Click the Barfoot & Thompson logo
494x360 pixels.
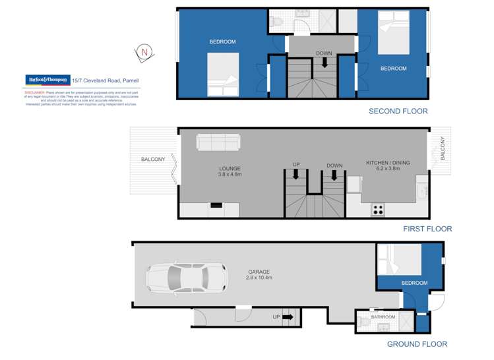point(47,80)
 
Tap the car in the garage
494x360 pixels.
point(187,277)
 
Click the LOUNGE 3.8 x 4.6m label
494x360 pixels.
point(230,171)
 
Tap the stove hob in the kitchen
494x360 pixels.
point(379,210)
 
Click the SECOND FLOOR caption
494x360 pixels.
point(398,111)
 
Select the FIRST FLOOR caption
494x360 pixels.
point(427,229)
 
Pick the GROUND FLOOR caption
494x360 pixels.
point(417,344)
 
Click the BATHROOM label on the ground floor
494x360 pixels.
point(383,317)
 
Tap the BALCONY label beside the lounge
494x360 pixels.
point(152,160)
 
